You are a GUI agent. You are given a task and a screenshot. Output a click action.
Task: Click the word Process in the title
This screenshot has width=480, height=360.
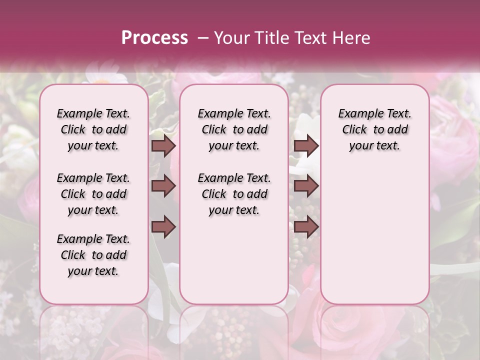coord(154,37)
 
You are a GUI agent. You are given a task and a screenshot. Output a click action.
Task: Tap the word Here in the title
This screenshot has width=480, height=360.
coord(351,38)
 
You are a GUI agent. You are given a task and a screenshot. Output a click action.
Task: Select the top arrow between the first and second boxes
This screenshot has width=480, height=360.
coord(163,145)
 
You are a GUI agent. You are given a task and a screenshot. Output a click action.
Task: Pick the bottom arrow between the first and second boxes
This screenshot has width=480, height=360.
coord(163,227)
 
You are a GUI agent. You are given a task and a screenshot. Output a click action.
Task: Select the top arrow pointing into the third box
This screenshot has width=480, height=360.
coord(306,145)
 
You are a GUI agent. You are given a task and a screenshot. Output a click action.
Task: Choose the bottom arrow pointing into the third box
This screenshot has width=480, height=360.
coord(306,227)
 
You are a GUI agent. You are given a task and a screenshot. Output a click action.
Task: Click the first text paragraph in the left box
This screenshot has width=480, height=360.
coord(93,129)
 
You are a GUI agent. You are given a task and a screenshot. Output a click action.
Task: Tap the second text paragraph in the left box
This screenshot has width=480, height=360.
coord(93,194)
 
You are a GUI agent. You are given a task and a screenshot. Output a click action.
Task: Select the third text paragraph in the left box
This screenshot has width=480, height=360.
coord(93,255)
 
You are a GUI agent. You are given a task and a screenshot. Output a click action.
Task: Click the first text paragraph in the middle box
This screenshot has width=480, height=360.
coord(234,129)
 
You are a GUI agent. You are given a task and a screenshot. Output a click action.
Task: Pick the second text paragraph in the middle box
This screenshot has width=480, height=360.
coord(234,194)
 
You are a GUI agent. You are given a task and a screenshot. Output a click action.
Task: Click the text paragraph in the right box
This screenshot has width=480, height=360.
coord(375,129)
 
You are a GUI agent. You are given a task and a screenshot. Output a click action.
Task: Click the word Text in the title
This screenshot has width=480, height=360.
coord(313,38)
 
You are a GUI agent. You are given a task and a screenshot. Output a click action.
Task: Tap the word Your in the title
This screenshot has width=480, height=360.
coord(231,38)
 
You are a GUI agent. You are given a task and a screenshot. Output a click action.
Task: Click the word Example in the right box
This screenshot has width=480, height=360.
coord(359,114)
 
